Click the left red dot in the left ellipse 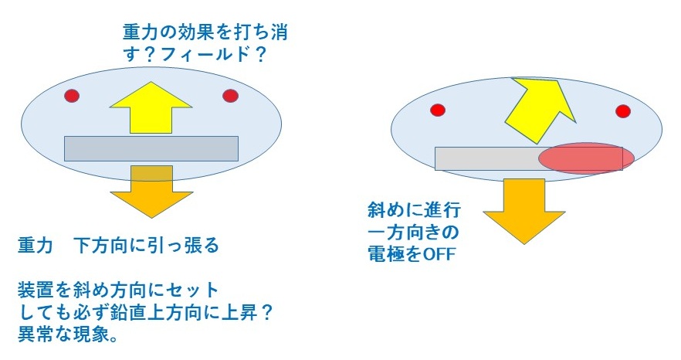click(72, 96)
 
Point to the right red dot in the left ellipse click(230, 96)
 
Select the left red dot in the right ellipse click(437, 109)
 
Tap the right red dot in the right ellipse click(623, 111)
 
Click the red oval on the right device click(586, 158)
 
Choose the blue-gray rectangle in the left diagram click(151, 148)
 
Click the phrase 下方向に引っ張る click(146, 246)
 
